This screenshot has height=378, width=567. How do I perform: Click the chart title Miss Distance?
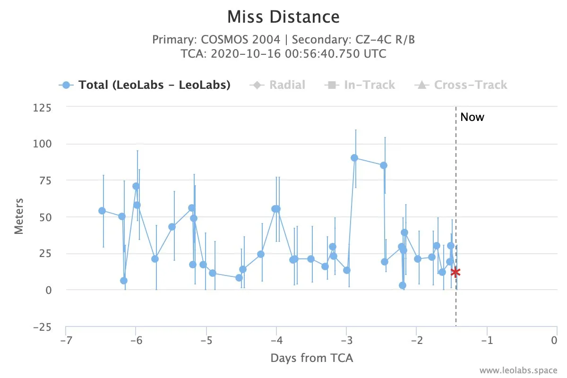283,17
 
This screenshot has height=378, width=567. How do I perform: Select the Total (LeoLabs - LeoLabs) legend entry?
145,85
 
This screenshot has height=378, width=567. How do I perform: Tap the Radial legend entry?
277,85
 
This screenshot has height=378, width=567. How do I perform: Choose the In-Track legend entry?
360,85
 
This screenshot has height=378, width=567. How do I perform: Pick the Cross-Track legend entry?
461,85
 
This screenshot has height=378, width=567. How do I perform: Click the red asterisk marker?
455,273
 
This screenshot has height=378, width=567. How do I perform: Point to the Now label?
472,117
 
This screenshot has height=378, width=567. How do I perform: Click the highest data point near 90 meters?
354,158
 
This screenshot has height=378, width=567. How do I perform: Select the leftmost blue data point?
102,211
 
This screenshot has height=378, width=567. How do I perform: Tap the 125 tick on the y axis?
42,108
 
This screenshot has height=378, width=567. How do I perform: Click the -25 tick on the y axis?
42,327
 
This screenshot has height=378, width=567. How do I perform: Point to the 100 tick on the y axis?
42,144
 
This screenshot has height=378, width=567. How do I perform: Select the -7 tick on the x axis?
66,341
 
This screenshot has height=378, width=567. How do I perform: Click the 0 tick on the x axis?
554,341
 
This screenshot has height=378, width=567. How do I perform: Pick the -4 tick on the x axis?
277,341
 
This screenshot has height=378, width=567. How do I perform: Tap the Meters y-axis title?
19,216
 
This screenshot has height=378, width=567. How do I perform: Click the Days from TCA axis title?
311,358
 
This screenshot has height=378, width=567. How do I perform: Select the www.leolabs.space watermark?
518,370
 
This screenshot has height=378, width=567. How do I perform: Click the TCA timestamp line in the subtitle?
283,54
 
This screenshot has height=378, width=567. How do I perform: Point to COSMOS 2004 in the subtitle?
241,40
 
